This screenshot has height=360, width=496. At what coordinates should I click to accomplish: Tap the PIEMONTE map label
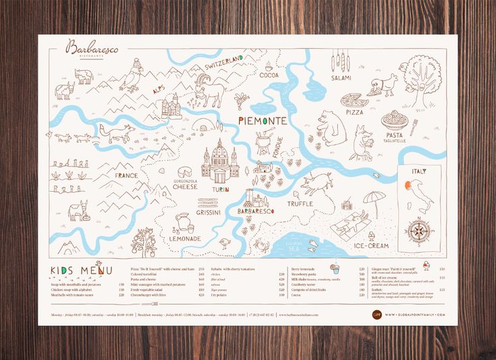(263, 121)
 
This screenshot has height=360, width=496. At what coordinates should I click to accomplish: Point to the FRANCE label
(126, 176)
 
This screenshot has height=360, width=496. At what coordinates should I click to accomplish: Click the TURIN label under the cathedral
(220, 190)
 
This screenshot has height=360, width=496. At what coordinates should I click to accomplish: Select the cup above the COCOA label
(269, 66)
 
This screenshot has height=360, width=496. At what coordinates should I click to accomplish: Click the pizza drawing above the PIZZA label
(354, 101)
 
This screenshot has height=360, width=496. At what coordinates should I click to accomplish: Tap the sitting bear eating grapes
(331, 128)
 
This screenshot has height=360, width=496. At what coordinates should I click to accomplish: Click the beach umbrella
(373, 200)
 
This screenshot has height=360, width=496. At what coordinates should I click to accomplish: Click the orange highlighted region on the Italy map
(409, 183)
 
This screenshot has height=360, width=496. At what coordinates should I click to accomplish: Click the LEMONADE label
(184, 238)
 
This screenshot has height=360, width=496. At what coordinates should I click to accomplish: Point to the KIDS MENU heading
(81, 271)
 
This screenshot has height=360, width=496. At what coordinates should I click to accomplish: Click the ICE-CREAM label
(370, 246)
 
